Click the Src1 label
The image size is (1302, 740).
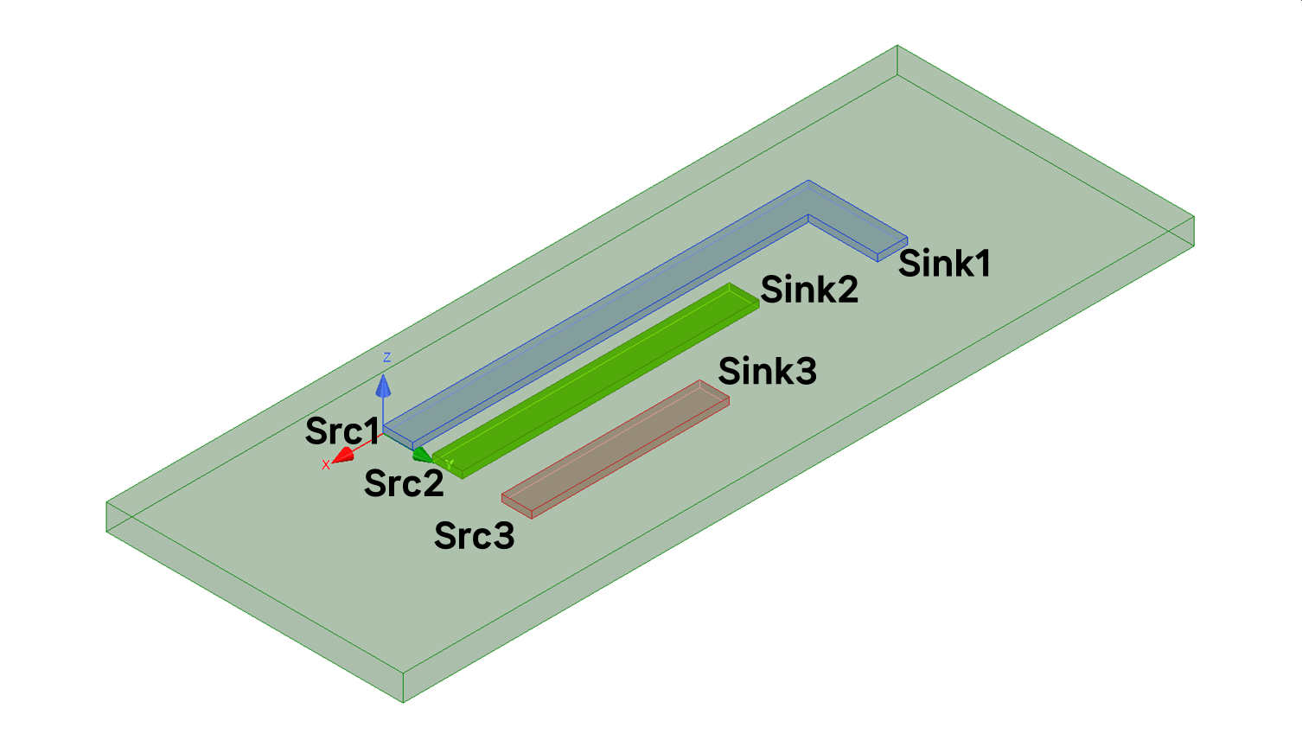[x=341, y=431]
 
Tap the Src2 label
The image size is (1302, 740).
[x=404, y=483]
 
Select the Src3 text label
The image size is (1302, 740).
[x=474, y=536]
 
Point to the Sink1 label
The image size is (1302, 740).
[x=944, y=264]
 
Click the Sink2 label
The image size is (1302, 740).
[x=809, y=290]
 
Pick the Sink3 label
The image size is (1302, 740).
[x=767, y=371]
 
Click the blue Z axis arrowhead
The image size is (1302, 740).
[x=383, y=386]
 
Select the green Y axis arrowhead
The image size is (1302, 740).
[x=422, y=454]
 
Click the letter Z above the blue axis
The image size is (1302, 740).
[x=386, y=357]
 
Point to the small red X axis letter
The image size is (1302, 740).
[x=326, y=465]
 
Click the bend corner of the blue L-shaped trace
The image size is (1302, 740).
[x=808, y=200]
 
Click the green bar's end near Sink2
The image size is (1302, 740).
[x=743, y=297]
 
